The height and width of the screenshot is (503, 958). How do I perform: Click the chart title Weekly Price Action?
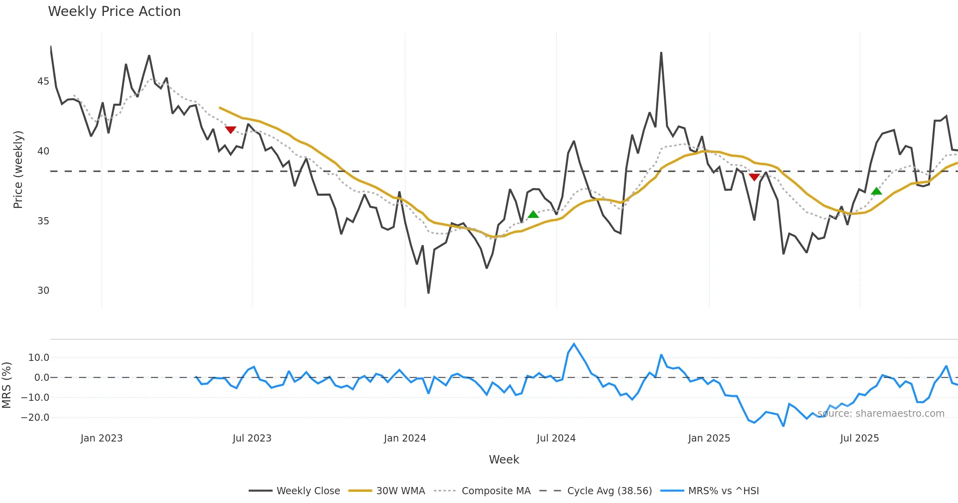pyautogui.click(x=114, y=12)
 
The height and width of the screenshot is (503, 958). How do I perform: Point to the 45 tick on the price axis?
pyautogui.click(x=43, y=81)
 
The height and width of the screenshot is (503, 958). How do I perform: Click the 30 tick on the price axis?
pyautogui.click(x=43, y=291)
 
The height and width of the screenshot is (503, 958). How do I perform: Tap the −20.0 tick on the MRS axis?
pyautogui.click(x=35, y=418)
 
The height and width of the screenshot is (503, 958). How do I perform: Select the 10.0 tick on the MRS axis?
pyautogui.click(x=39, y=358)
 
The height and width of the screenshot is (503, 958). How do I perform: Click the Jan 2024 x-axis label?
pyautogui.click(x=405, y=438)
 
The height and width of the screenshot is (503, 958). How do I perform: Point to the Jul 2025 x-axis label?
pyautogui.click(x=859, y=438)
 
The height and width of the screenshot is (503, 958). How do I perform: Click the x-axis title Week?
pyautogui.click(x=504, y=459)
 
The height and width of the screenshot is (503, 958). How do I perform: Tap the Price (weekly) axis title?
pyautogui.click(x=18, y=170)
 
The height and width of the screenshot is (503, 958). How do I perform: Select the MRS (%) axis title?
pyautogui.click(x=6, y=385)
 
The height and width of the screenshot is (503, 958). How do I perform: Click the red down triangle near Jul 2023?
pyautogui.click(x=231, y=130)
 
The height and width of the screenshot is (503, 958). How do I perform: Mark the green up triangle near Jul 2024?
pyautogui.click(x=533, y=214)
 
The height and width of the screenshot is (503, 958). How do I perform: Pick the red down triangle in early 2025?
pyautogui.click(x=754, y=177)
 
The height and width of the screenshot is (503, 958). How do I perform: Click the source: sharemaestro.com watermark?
pyautogui.click(x=881, y=414)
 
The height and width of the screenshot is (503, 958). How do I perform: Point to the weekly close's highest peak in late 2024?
pyautogui.click(x=661, y=53)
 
